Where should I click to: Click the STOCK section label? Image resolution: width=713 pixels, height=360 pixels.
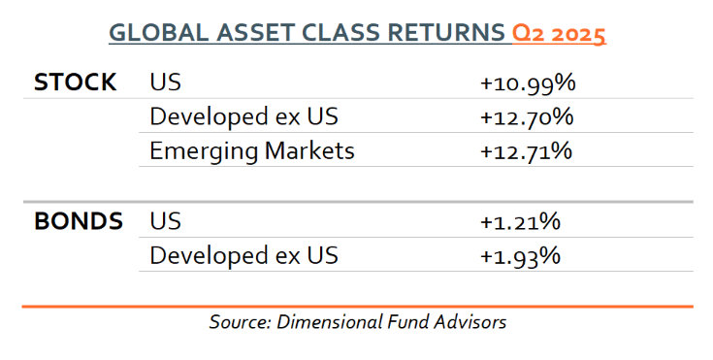(75, 82)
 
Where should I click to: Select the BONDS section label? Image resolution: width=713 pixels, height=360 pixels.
(79, 221)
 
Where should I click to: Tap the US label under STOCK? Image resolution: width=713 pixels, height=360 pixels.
(165, 82)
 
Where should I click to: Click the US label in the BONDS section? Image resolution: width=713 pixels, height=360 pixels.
(165, 221)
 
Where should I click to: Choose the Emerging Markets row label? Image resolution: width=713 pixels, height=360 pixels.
(252, 151)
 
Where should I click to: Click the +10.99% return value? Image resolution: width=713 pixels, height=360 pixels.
(528, 83)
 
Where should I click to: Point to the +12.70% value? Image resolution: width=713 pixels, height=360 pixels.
(527, 117)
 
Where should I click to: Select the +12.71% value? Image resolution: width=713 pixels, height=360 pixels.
(526, 151)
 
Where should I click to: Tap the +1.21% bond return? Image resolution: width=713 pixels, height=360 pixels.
(520, 221)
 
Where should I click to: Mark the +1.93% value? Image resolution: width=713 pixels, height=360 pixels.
(520, 256)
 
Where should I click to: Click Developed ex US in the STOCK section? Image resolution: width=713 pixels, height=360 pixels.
(243, 117)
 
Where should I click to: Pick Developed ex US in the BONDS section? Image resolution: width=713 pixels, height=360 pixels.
(243, 256)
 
